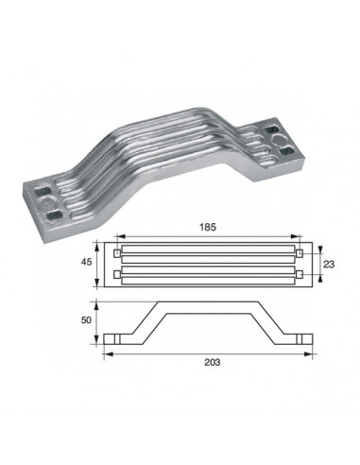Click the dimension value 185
tap(208, 227)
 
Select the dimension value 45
tap(86, 262)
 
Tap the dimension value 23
tap(329, 264)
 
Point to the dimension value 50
tap(86, 320)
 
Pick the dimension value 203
tap(213, 363)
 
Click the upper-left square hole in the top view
tap(117, 253)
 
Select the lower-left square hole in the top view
tap(117, 275)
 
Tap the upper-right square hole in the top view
tap(300, 253)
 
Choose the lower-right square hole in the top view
tap(300, 275)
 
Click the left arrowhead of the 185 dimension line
tap(121, 236)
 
